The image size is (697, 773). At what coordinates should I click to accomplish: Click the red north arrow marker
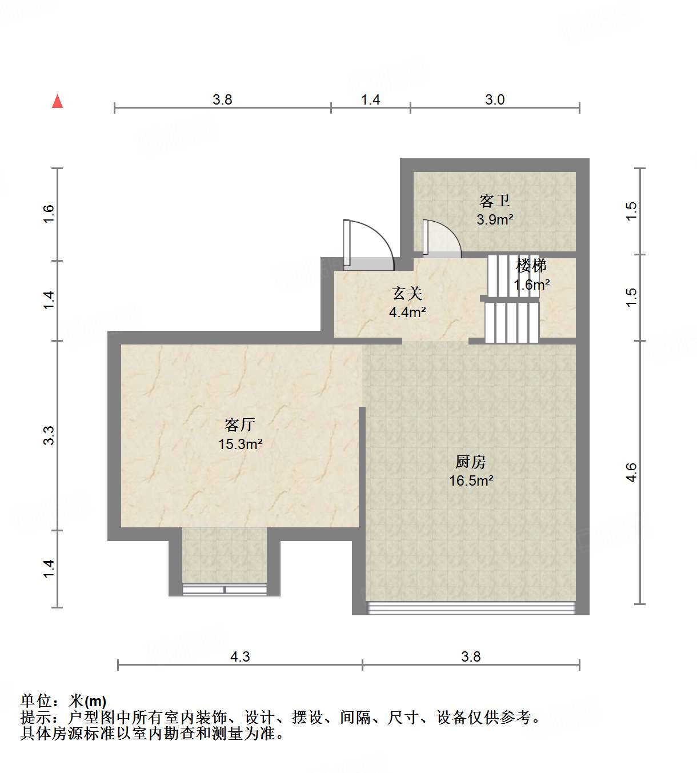57,101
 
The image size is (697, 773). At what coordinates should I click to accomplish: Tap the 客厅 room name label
239,424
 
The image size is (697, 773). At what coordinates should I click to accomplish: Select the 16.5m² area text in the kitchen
471,480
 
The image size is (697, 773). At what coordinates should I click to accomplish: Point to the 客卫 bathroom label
494,201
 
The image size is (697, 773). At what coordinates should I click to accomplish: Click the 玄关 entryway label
407,294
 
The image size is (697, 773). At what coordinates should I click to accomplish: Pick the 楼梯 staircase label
531,266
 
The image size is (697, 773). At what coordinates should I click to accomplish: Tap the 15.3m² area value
240,444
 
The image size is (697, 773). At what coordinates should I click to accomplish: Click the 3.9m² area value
495,219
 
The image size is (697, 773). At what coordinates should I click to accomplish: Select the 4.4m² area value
407,312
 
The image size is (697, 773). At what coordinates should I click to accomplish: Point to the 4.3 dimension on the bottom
240,656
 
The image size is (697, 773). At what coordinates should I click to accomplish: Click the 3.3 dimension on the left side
49,435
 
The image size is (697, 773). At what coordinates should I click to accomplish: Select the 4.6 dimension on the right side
631,472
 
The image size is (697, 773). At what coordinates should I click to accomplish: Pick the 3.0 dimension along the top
495,99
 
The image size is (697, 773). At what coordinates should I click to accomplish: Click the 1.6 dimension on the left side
49,214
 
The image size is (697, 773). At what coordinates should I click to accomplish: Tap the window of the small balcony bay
225,590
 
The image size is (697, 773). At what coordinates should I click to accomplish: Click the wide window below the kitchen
471,607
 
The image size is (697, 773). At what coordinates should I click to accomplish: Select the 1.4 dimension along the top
370,99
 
